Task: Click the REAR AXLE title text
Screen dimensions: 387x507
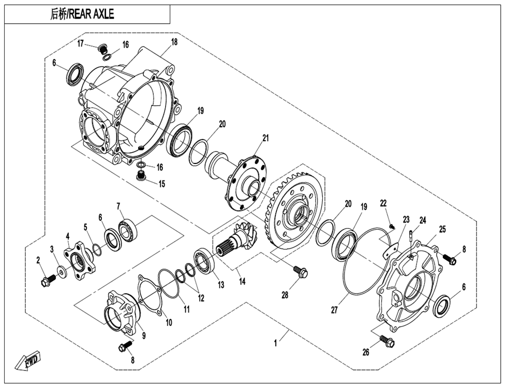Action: tap(82, 14)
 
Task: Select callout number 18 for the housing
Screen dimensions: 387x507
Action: tap(174, 42)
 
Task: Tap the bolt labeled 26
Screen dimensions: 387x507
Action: tap(386, 340)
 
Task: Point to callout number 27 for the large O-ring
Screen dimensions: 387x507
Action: tap(335, 310)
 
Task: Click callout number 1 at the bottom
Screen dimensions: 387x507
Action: tap(276, 343)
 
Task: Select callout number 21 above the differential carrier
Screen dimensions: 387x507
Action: tap(265, 138)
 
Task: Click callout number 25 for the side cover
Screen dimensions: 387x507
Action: tap(442, 229)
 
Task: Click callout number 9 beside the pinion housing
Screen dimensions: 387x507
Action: tap(143, 335)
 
